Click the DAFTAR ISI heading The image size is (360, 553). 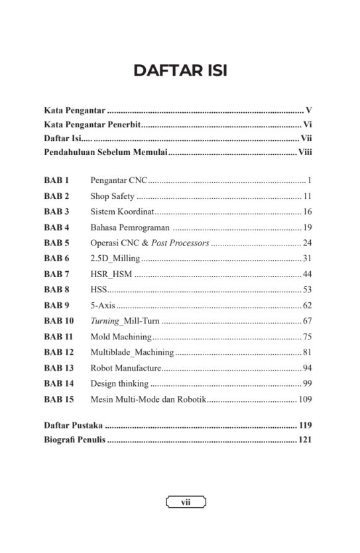point(180,71)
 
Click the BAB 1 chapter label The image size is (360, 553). point(56,180)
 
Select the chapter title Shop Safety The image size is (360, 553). point(113,196)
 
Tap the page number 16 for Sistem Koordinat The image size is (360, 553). point(307,212)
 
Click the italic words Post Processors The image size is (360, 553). point(180,243)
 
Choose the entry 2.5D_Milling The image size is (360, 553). point(115,259)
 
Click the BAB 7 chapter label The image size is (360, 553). point(56,274)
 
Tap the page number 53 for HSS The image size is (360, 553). point(307,290)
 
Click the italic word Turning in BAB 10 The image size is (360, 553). point(105,321)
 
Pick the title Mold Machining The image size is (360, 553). point(121,337)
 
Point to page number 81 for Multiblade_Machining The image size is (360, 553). point(307,352)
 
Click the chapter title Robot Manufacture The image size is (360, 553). point(125,368)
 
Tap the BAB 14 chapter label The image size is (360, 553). point(58,383)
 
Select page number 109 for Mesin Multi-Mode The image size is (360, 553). point(305,399)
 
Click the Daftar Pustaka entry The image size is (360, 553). point(73,425)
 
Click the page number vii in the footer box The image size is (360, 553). point(186,503)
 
